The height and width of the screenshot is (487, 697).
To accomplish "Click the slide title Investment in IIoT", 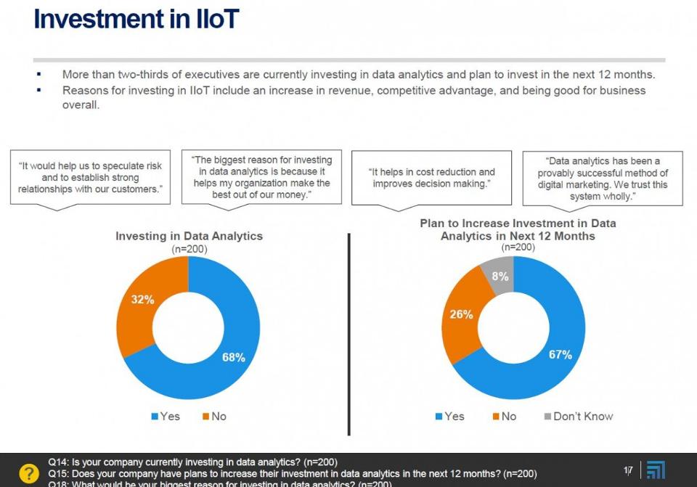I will pyautogui.click(x=136, y=20).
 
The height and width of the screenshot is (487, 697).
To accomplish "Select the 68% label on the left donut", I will pyautogui.click(x=233, y=357).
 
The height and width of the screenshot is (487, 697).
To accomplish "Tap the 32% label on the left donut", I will pyautogui.click(x=142, y=300).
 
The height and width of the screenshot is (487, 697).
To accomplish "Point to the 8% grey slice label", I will pyautogui.click(x=500, y=277).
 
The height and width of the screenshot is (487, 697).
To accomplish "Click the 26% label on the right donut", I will pyautogui.click(x=462, y=314).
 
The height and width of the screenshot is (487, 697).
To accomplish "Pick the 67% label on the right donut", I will pyautogui.click(x=560, y=355).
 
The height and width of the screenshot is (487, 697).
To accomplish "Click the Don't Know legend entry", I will pyautogui.click(x=578, y=417).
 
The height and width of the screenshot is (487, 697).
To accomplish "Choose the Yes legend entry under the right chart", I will pyautogui.click(x=449, y=417).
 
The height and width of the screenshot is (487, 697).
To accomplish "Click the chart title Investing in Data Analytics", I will pyautogui.click(x=189, y=236).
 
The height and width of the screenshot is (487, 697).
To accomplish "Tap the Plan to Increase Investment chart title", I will pyautogui.click(x=518, y=229).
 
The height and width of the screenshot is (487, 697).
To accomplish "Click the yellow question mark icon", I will pyautogui.click(x=28, y=472).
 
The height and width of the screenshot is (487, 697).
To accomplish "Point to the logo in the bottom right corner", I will pyautogui.click(x=656, y=470).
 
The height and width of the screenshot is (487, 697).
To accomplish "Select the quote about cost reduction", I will pyautogui.click(x=432, y=178).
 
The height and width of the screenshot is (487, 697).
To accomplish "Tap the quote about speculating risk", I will pyautogui.click(x=90, y=178).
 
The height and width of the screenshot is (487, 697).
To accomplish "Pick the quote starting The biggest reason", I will pyautogui.click(x=261, y=178).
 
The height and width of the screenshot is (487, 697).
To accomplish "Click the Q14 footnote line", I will pyautogui.click(x=193, y=462).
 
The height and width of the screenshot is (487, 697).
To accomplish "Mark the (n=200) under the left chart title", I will pyautogui.click(x=189, y=248).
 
